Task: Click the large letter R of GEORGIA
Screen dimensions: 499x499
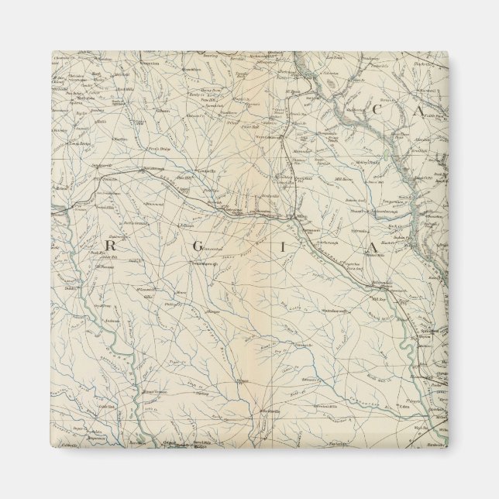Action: point(109,246)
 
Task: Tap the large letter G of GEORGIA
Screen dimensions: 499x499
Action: point(201,247)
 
